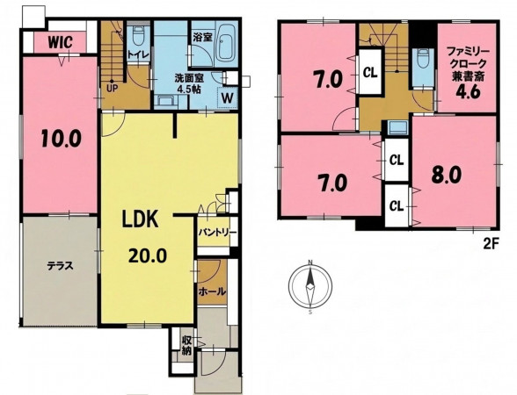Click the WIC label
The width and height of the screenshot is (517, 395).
point(60,42)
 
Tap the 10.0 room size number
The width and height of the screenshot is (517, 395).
point(61,139)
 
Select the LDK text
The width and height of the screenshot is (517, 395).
point(140,219)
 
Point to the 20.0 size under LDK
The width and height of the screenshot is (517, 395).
point(148,255)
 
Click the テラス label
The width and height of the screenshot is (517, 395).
point(60,266)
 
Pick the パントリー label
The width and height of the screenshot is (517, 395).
point(217,233)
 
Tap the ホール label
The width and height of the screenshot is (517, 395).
point(212,291)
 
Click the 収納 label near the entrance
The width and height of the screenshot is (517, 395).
point(186,345)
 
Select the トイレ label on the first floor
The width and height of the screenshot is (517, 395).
point(139,54)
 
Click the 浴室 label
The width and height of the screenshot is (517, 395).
point(202,37)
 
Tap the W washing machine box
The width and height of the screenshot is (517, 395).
point(228,97)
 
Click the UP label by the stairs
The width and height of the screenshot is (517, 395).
point(113,88)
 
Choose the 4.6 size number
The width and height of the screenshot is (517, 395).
point(467,92)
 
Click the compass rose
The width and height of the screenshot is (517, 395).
point(309,286)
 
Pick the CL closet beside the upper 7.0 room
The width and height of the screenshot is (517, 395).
point(370,73)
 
